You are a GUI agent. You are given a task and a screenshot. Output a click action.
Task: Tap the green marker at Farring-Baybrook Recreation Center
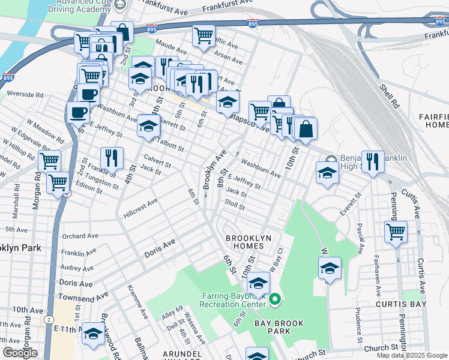[275, 298]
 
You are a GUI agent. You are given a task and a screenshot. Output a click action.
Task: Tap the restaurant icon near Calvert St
[112, 158]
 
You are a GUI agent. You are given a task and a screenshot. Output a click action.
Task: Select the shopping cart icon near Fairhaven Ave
[396, 232]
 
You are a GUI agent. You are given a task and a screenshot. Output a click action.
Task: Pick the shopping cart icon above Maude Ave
[203, 36]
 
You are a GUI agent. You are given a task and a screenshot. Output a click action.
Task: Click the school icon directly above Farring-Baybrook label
[258, 283]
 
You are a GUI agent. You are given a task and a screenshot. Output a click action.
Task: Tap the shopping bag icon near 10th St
[306, 128]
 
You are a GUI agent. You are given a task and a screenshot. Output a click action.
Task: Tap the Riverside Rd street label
[25, 94]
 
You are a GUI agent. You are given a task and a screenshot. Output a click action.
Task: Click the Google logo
[20, 353]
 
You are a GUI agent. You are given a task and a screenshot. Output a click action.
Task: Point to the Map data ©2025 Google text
[411, 355]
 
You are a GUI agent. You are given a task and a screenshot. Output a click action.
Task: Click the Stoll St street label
[234, 205]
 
